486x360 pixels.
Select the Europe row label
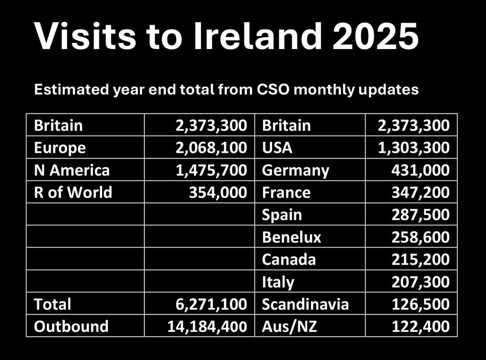60,147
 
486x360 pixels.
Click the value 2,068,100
211,147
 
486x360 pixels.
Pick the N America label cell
72,170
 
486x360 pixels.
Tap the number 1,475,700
211,170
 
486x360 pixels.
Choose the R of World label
73,192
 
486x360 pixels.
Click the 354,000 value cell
220,192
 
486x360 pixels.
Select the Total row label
52,304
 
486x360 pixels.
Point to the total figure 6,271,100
211,304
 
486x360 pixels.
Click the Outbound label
71,326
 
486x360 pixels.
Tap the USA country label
277,147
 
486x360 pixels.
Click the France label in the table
286,192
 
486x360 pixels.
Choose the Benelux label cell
292,237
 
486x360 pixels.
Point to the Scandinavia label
305,304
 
